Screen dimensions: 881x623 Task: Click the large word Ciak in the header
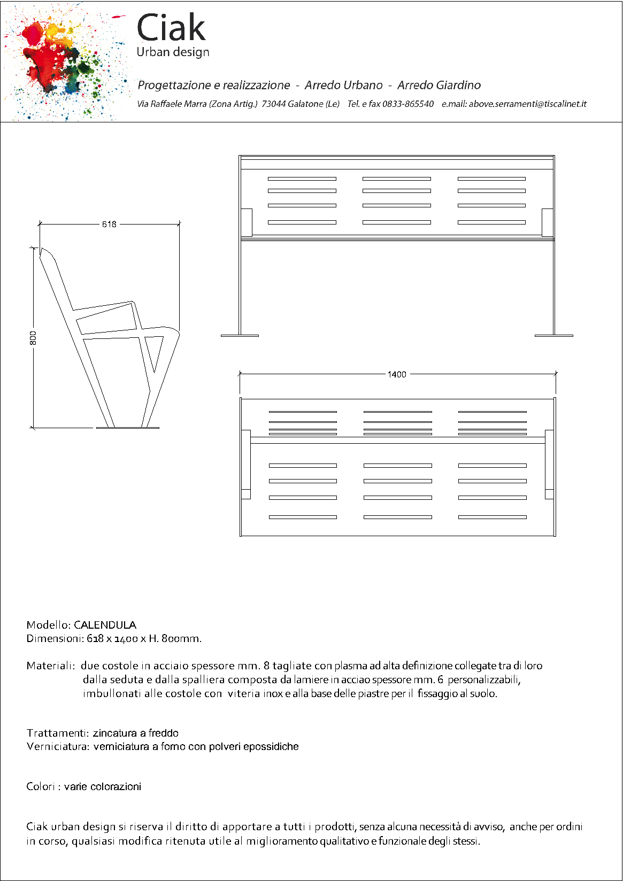click(171, 28)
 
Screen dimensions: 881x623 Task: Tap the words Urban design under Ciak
click(173, 52)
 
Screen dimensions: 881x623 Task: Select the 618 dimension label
click(109, 224)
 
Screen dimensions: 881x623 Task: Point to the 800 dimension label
click(33, 338)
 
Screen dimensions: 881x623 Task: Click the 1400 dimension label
click(397, 374)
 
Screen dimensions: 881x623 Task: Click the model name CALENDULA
click(105, 625)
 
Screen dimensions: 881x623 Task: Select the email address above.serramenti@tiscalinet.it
click(527, 104)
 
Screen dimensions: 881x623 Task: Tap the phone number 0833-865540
click(407, 104)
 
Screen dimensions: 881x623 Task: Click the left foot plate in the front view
click(240, 336)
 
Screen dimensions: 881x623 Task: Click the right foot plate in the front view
click(553, 336)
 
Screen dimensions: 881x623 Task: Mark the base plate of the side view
click(127, 428)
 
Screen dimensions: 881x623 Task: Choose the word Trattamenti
click(57, 733)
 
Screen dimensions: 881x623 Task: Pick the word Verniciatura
click(57, 746)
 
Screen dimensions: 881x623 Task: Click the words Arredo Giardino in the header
click(439, 85)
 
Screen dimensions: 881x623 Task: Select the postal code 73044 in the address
click(273, 104)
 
